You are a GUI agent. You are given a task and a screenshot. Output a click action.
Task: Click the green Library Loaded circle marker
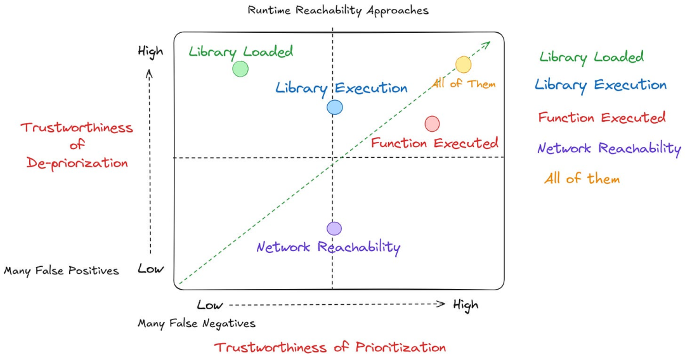click(x=240, y=69)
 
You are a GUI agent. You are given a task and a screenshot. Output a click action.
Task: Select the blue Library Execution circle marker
click(x=335, y=107)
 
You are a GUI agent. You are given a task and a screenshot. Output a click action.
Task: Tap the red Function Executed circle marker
click(x=432, y=124)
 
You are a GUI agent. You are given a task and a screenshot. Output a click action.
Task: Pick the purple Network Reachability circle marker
click(x=334, y=229)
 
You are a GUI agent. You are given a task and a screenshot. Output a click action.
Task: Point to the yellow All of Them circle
click(x=463, y=65)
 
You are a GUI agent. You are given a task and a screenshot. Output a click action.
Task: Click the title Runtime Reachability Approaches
click(x=338, y=11)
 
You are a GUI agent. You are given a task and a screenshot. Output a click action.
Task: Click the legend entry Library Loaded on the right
click(x=592, y=57)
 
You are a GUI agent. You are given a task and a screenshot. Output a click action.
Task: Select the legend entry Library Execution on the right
click(x=601, y=85)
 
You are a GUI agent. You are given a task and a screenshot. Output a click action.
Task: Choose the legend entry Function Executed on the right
click(x=601, y=117)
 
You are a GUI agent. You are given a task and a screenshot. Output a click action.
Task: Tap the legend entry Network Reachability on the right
click(x=609, y=149)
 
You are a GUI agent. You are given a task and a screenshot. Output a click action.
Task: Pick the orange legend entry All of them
click(x=582, y=179)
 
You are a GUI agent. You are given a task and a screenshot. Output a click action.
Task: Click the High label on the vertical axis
click(x=151, y=52)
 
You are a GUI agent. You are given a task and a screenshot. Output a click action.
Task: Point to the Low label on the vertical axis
click(x=151, y=269)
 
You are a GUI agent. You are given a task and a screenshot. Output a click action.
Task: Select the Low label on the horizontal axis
click(x=210, y=305)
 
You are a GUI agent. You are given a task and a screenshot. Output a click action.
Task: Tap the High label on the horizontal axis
click(x=466, y=305)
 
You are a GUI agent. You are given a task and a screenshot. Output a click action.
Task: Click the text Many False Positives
click(x=61, y=271)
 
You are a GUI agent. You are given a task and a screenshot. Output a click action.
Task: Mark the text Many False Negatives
click(x=197, y=323)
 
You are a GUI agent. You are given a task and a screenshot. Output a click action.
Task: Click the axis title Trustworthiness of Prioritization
click(x=330, y=347)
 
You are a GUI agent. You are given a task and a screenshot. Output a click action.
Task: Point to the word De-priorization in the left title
click(x=77, y=163)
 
